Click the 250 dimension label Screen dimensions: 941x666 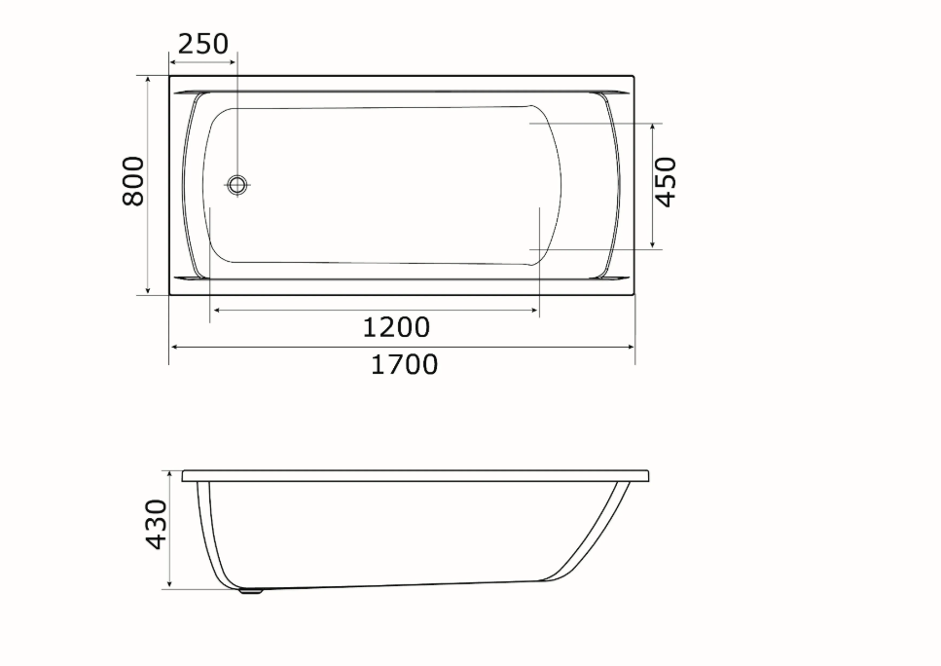[203, 44]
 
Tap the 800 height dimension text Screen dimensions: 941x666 [133, 181]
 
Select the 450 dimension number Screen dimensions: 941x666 [665, 181]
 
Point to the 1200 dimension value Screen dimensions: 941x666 [397, 327]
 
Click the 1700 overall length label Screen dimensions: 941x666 [404, 364]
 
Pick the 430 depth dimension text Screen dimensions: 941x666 [156, 524]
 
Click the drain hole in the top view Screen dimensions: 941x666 [237, 184]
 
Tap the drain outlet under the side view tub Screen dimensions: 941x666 [251, 591]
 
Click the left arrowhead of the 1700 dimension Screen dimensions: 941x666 [175, 347]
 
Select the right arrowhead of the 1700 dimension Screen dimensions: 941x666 [629, 347]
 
